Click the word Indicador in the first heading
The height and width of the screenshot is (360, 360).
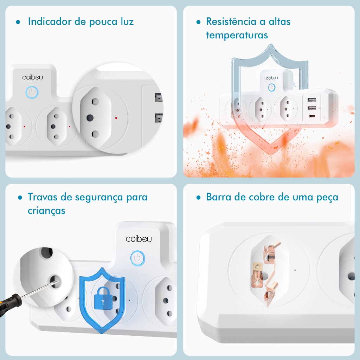[50, 21]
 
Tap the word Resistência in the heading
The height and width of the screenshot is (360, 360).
[231, 21]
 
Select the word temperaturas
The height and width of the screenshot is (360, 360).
[237, 36]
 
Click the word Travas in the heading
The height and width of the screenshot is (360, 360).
[43, 197]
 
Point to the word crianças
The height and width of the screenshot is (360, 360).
[46, 211]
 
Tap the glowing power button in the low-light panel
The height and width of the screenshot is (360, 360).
[32, 92]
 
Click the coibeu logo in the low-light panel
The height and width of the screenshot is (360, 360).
[33, 77]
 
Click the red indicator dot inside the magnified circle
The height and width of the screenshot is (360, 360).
[116, 118]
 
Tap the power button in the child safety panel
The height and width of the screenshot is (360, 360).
[137, 258]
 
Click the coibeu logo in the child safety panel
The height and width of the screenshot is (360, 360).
[139, 239]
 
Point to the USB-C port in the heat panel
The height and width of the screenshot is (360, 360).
[312, 116]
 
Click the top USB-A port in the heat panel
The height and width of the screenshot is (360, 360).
[312, 100]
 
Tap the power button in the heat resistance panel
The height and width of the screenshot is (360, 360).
[272, 88]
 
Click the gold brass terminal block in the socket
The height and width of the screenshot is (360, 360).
[258, 267]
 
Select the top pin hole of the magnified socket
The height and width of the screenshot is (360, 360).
[95, 101]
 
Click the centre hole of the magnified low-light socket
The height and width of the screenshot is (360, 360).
[90, 118]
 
